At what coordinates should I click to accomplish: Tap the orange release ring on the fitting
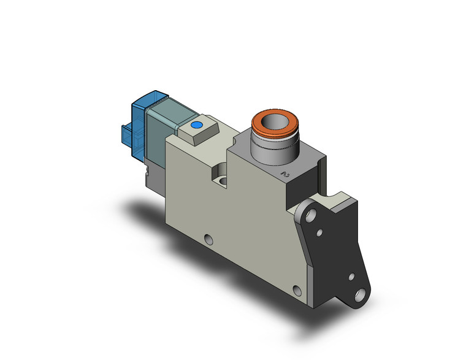click(274, 127)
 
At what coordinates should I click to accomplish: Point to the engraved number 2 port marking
click(284, 175)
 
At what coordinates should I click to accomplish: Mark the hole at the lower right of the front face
click(297, 290)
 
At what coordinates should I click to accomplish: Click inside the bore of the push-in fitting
click(273, 124)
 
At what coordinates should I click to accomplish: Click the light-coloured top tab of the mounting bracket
click(336, 199)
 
